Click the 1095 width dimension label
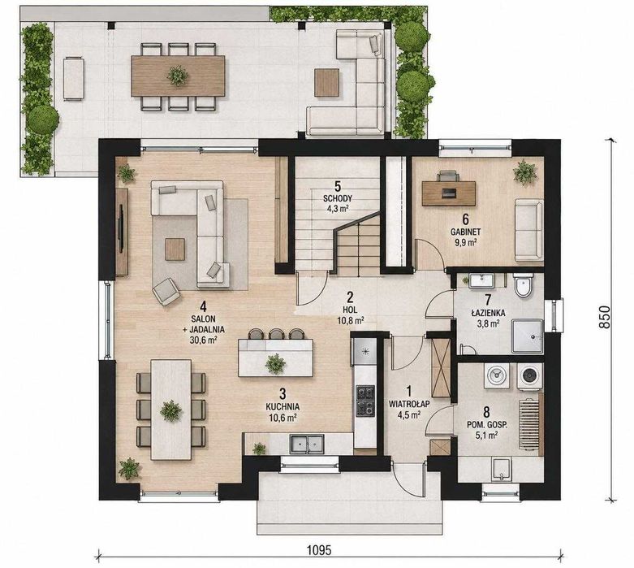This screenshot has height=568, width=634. point(318,550)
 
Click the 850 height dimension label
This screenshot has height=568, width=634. point(604,317)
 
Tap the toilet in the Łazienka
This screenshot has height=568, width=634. point(524,284)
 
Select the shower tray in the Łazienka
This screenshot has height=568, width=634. point(528,336)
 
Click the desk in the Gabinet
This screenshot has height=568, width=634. point(448,193)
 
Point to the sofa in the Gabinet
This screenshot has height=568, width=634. point(528,229)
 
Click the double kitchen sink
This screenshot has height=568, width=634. point(306,444)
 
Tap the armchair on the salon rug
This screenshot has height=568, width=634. point(166,291)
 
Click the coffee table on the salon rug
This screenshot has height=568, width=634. point(175,249)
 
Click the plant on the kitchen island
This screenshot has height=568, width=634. point(275,362)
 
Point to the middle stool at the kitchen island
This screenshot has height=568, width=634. point(276,334)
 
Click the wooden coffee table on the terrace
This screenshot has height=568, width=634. point(326,83)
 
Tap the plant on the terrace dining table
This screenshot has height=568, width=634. point(178,76)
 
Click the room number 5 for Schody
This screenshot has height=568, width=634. point(338,187)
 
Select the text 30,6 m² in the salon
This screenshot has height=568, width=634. point(204,340)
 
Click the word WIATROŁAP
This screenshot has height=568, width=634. point(409,404)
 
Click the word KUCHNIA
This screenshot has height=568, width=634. point(282,406)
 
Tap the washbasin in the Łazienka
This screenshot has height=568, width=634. point(481,280)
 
